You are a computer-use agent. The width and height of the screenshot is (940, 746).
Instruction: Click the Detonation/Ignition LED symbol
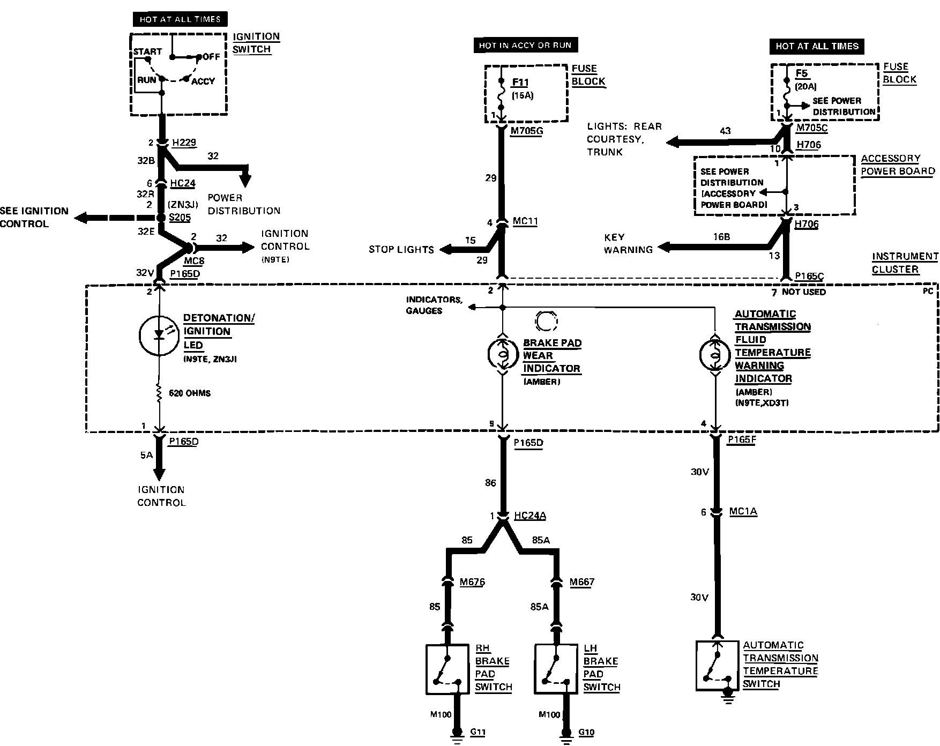[x=159, y=335]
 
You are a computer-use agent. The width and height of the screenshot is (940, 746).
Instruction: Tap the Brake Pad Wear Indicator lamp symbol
[x=502, y=355]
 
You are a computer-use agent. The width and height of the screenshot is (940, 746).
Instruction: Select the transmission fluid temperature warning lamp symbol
[x=715, y=355]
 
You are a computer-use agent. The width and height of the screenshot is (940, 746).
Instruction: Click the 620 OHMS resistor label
[x=190, y=393]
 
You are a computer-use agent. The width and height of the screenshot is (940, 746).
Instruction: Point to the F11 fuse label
[x=520, y=83]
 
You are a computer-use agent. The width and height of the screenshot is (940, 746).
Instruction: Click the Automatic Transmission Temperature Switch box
[x=717, y=665]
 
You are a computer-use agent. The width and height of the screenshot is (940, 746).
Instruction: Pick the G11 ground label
[x=479, y=732]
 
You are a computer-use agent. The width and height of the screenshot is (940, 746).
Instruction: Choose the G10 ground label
[x=586, y=732]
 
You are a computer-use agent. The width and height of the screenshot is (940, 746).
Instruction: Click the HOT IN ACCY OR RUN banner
[x=525, y=46]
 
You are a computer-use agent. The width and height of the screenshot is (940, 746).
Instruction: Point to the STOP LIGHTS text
[x=401, y=249]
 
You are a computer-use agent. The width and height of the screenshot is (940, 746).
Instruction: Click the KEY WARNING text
[x=628, y=243]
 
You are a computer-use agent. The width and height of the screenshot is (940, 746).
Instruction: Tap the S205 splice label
[x=180, y=218]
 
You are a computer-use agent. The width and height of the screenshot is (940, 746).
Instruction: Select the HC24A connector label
[x=529, y=516]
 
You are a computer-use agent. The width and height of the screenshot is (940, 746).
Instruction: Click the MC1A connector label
[x=743, y=512]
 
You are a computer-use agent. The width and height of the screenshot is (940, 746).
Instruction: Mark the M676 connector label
[x=472, y=582]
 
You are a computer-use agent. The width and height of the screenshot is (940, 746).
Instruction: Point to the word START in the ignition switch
[x=147, y=51]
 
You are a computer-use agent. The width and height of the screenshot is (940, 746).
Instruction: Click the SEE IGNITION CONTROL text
[x=34, y=217]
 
